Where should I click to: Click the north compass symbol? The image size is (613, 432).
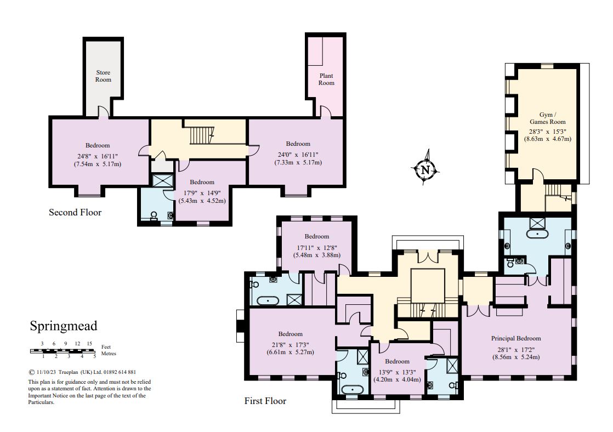tap(425, 169)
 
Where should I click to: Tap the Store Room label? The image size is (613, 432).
tap(103, 76)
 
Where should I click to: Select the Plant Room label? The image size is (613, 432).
tap(326, 79)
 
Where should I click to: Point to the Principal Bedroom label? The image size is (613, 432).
tap(515, 338)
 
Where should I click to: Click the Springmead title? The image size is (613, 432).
tap(63, 326)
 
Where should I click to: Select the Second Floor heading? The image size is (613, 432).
tap(75, 212)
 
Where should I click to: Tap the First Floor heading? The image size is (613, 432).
tap(265, 401)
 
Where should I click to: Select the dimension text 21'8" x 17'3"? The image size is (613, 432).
tap(290, 344)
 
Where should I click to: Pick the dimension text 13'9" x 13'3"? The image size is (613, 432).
tap(396, 371)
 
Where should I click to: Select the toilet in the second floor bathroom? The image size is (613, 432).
tap(153, 215)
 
